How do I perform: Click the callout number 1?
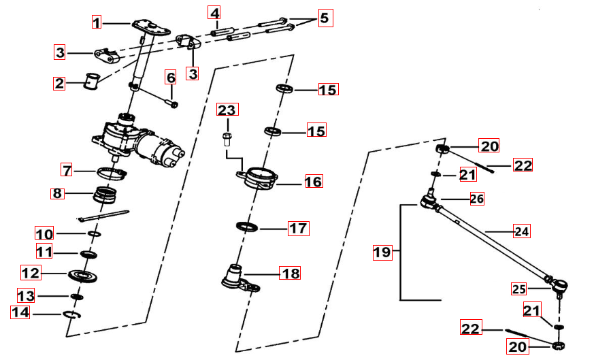click(x=97, y=23)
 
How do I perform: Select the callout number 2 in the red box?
click(x=60, y=84)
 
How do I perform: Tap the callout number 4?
click(x=214, y=13)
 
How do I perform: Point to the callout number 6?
click(x=170, y=77)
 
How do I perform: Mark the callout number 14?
click(x=20, y=312)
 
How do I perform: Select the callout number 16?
click(x=313, y=182)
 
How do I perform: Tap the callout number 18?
click(x=290, y=274)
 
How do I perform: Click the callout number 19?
click(x=382, y=252)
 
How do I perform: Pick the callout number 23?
click(x=227, y=110)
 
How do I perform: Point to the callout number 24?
click(x=521, y=231)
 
